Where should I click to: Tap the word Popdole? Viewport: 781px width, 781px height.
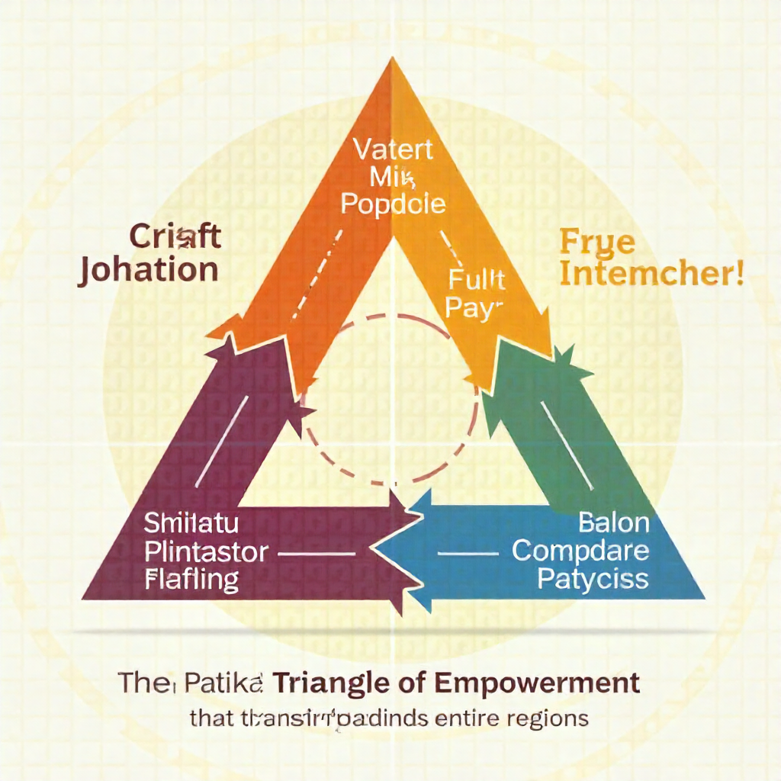click(393, 204)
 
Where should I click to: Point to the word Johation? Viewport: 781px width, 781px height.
click(148, 270)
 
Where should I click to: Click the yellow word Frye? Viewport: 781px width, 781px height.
click(587, 243)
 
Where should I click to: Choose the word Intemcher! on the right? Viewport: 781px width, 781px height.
click(652, 274)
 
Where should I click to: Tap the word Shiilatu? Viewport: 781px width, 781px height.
click(191, 525)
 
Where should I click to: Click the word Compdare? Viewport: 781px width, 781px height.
click(580, 550)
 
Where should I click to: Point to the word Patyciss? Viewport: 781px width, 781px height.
click(593, 577)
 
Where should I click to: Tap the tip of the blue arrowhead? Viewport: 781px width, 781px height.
click(373, 548)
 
